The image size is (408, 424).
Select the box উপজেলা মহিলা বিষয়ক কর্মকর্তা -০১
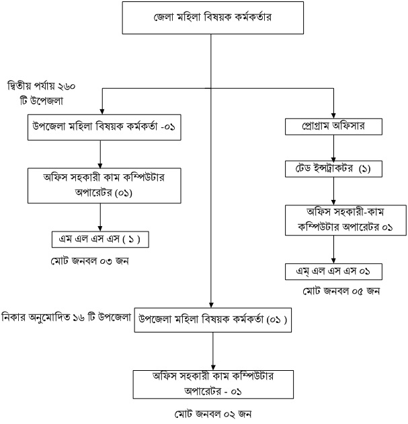pyautogui.click(x=99, y=127)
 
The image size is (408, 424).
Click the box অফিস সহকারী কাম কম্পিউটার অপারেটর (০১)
pyautogui.click(x=99, y=186)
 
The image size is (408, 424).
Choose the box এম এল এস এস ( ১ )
pyautogui.click(x=99, y=239)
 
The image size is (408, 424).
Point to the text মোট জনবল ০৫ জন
pyautogui.click(x=334, y=291)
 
